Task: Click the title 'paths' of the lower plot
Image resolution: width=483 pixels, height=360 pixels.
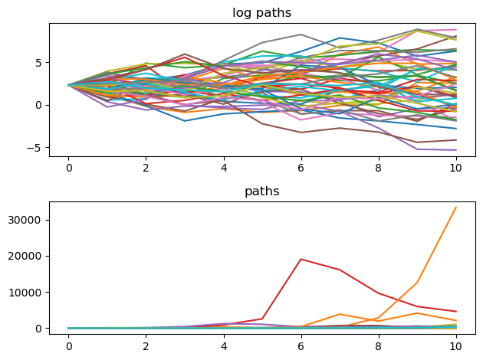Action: [x=261, y=191]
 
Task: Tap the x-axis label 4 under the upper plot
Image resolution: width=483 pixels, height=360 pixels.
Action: [x=224, y=166]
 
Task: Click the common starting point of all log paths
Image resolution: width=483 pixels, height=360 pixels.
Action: [x=68, y=85]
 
